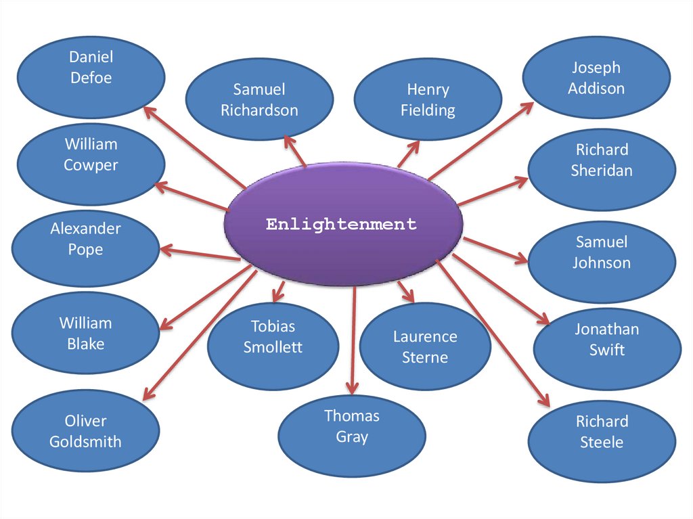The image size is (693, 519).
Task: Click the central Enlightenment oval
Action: point(343,224)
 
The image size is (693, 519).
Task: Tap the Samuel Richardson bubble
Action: point(259,99)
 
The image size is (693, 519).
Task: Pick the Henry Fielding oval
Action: point(428,99)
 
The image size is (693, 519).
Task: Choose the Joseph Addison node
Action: point(596,78)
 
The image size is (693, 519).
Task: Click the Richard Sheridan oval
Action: point(602,160)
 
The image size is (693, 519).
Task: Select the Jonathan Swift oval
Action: point(607,340)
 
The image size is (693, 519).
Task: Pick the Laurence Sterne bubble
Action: point(425,347)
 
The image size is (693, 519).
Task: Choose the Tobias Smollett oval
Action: point(273,337)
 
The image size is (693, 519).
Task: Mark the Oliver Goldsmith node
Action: point(85,432)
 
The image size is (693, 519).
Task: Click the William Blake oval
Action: point(85,334)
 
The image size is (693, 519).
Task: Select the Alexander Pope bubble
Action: point(85,239)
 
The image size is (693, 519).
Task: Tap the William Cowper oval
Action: point(91,155)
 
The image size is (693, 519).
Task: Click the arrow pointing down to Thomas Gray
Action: point(352,338)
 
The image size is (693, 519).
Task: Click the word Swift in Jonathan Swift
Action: point(607,351)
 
